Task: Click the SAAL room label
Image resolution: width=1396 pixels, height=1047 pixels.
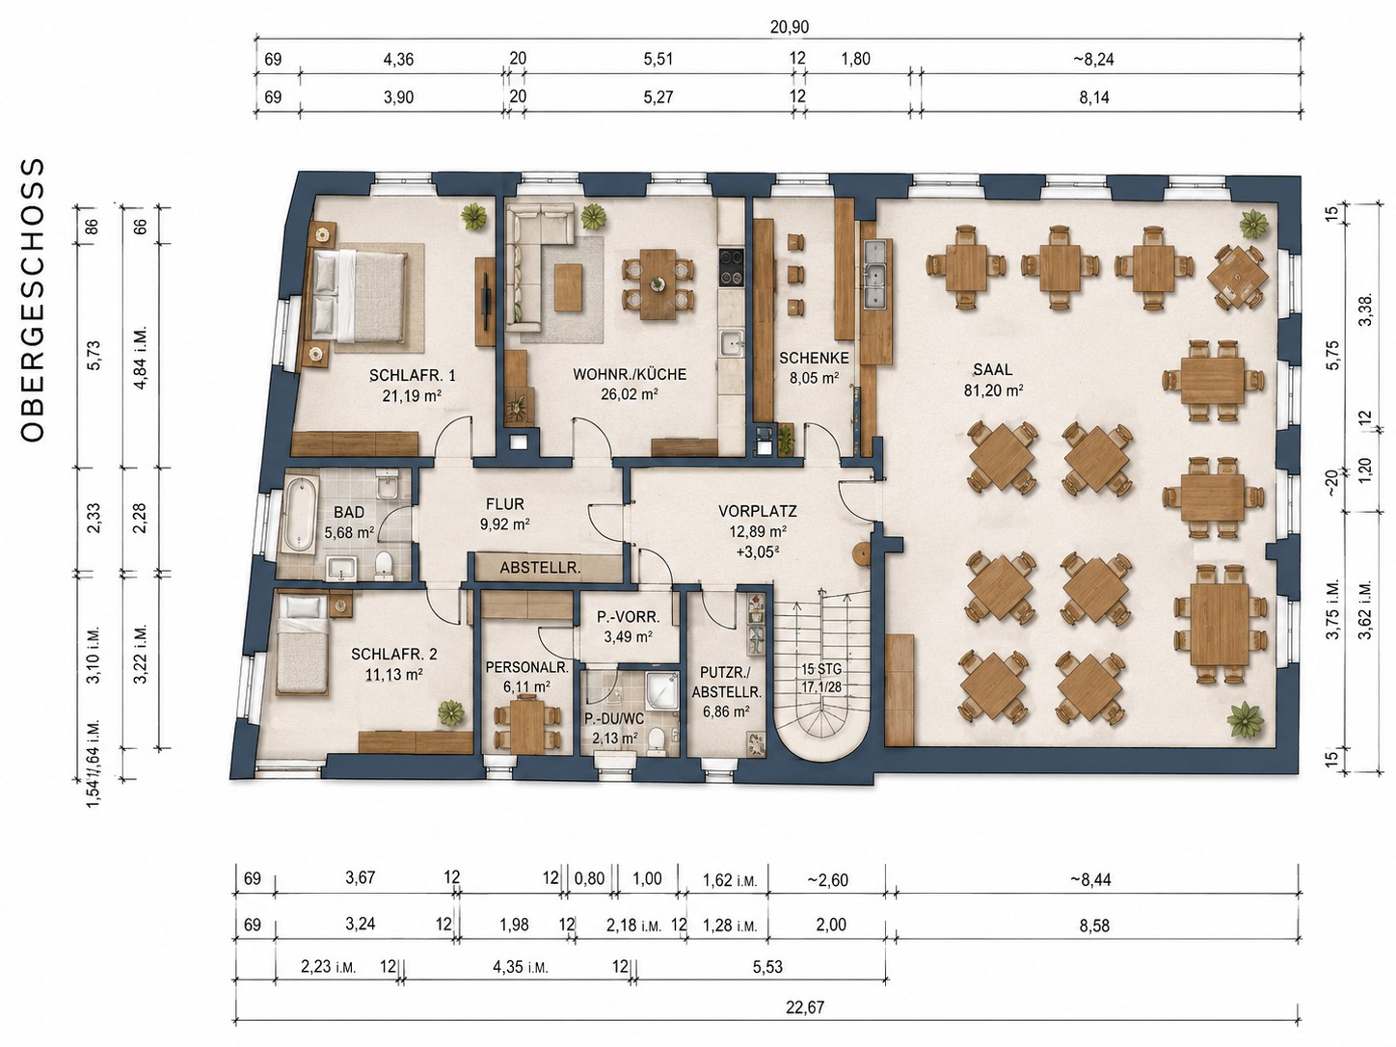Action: [993, 370]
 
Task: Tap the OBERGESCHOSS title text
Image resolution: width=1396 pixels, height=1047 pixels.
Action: [33, 300]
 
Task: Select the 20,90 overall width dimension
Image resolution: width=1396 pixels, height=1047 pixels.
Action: [790, 27]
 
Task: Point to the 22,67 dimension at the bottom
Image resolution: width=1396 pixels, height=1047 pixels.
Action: [804, 1007]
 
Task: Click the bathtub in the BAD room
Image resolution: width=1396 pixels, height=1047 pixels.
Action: [299, 515]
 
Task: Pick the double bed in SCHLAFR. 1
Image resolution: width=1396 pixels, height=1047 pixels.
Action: [358, 297]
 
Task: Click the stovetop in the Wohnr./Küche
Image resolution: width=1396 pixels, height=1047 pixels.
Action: [732, 268]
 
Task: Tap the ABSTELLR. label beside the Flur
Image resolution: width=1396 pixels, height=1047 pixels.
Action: [540, 568]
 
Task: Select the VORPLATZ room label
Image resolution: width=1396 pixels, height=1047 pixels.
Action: [758, 510]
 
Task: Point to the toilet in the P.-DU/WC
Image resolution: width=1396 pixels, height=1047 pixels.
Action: [656, 740]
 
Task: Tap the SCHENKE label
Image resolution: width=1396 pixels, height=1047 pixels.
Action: [814, 358]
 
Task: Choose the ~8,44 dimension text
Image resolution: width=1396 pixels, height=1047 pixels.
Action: [1090, 880]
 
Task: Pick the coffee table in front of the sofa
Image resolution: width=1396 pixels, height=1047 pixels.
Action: [568, 288]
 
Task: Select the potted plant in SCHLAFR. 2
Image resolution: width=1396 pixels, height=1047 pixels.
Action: [451, 712]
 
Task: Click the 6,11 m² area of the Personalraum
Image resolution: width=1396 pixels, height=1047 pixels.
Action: [525, 686]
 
